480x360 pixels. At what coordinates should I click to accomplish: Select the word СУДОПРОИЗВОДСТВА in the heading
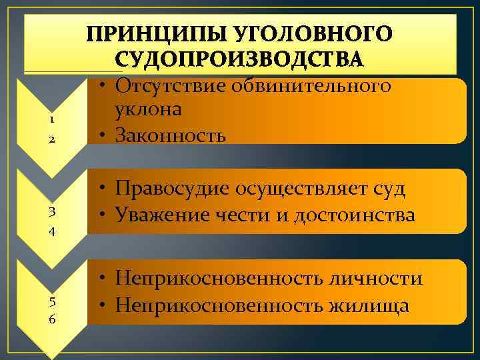240,59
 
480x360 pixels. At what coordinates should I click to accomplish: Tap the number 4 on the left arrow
51,233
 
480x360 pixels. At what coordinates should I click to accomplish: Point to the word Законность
171,135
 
